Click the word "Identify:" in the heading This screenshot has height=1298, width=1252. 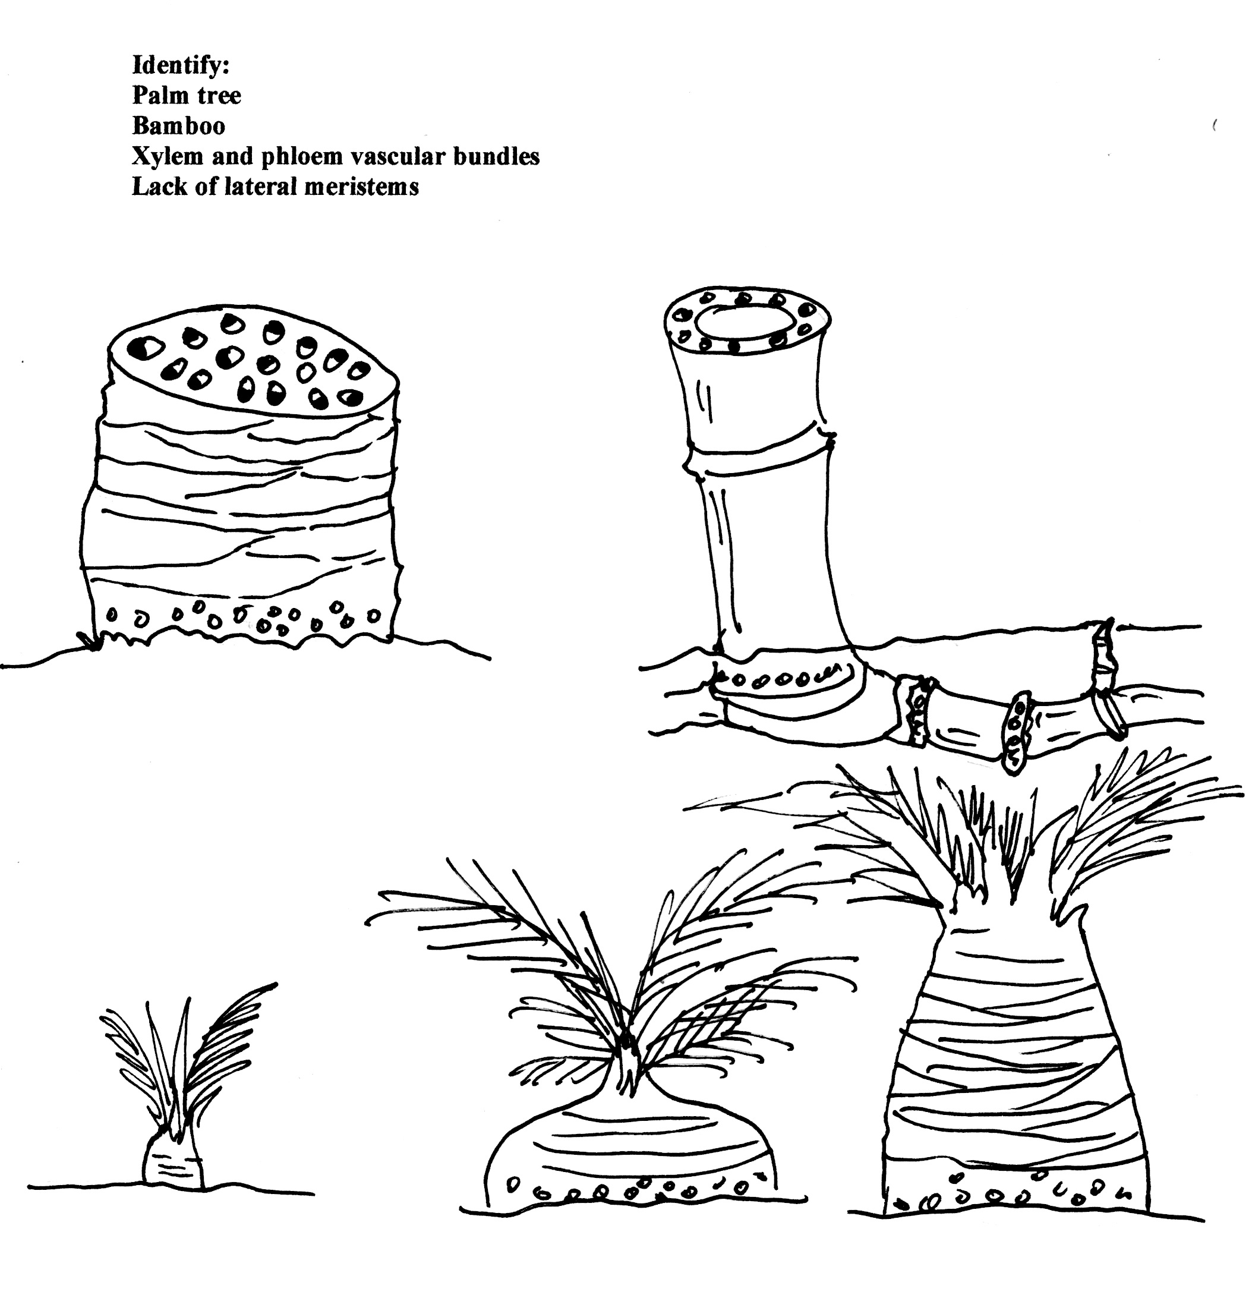pyautogui.click(x=181, y=65)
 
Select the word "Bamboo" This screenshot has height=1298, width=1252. pyautogui.click(x=179, y=126)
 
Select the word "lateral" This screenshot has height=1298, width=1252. pyautogui.click(x=260, y=187)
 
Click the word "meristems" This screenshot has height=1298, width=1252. pyautogui.click(x=361, y=187)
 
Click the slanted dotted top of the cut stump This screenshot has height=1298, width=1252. pyautogui.click(x=253, y=363)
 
